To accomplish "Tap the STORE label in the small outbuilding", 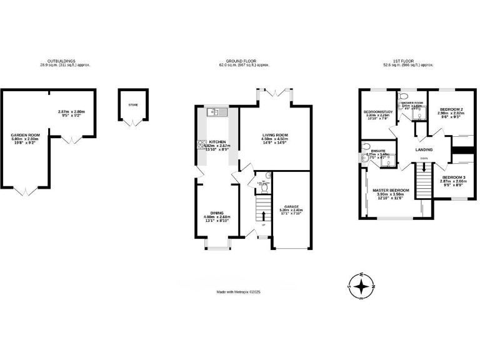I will tap(132, 105).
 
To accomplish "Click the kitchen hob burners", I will tap(203, 145).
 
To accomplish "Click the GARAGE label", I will tap(292, 206).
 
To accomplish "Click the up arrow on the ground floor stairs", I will tap(263, 216).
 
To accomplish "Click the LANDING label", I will tap(424, 150).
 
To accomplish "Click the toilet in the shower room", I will tap(404, 97).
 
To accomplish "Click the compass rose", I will tap(361, 287).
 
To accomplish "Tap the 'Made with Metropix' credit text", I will tap(238, 292).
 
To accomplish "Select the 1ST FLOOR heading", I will tap(409, 61).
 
